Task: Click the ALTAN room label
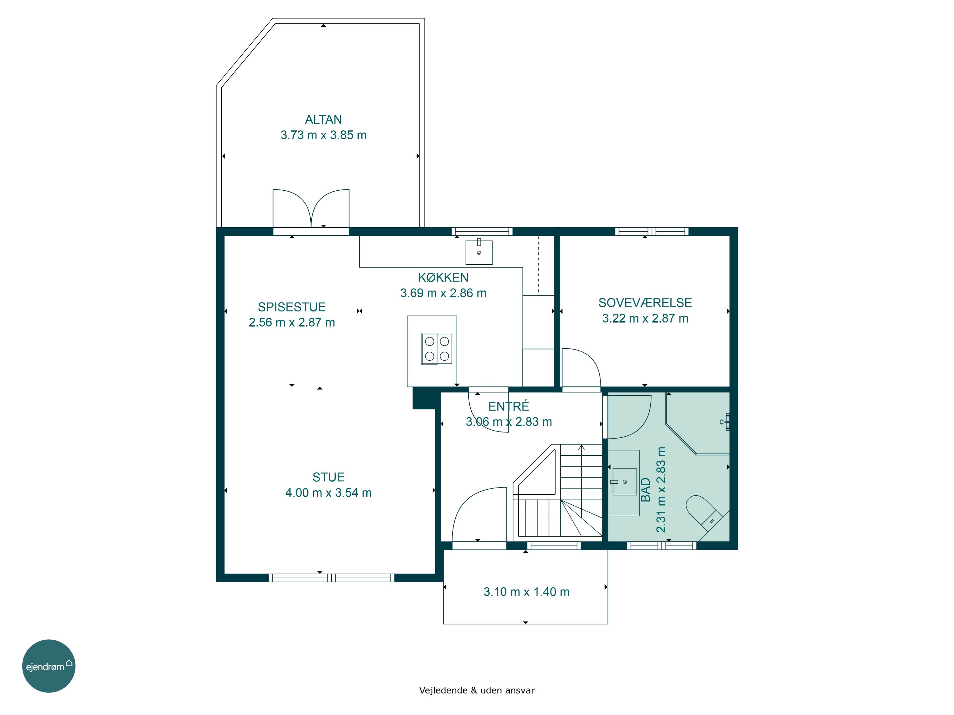(323, 119)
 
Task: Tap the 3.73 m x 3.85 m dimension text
(323, 135)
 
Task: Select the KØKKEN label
(443, 277)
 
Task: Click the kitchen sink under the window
(479, 252)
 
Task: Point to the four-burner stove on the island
(437, 349)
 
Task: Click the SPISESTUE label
(292, 307)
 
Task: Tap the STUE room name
(328, 477)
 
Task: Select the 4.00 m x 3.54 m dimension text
(328, 493)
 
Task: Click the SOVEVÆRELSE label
(645, 303)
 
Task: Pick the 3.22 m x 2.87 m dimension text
(645, 318)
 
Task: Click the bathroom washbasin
(625, 482)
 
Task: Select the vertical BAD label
(645, 490)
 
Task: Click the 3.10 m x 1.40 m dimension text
(526, 592)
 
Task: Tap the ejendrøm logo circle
(49, 666)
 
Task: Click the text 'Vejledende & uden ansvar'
(477, 691)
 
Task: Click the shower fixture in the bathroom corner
(725, 422)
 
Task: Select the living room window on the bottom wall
(331, 578)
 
